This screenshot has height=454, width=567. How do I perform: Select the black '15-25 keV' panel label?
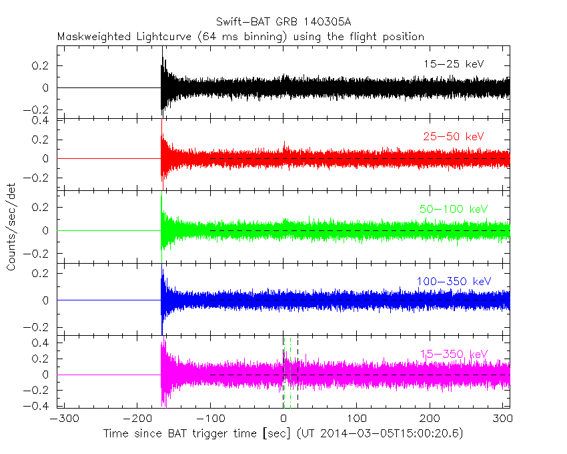[454, 64]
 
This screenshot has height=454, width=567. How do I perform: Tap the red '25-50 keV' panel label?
[454, 136]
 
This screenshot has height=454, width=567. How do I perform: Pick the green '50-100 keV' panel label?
[454, 209]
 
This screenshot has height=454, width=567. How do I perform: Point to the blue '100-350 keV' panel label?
[454, 282]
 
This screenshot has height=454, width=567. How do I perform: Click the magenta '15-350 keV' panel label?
[454, 354]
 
